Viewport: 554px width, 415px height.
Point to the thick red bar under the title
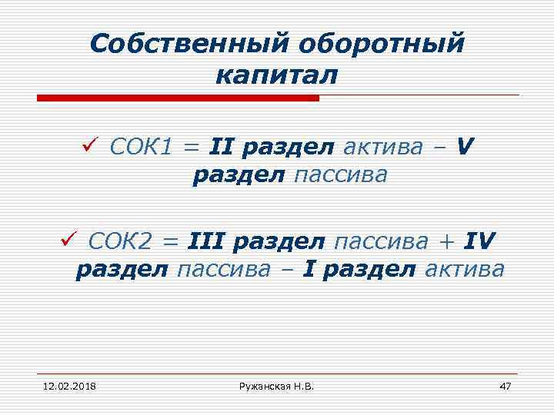click(x=178, y=98)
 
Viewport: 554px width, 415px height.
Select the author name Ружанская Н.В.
click(x=276, y=384)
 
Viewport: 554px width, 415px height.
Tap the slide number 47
click(x=505, y=384)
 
